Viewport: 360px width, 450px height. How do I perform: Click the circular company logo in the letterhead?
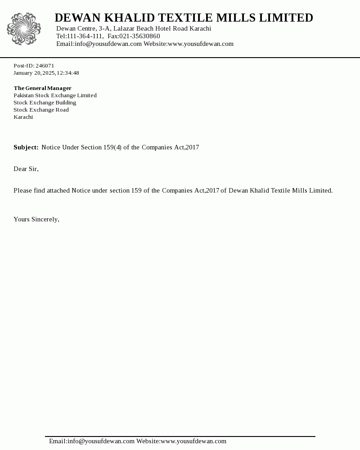click(24, 29)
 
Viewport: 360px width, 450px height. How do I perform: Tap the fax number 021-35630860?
click(139, 36)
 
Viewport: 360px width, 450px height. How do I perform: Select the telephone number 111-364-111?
click(85, 36)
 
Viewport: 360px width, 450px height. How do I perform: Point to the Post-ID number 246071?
click(45, 66)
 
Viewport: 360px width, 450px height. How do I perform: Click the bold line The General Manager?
click(42, 88)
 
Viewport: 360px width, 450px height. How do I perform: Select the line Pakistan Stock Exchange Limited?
click(55, 95)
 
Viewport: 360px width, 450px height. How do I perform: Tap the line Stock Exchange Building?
click(45, 103)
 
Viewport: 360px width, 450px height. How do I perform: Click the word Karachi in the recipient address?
click(23, 117)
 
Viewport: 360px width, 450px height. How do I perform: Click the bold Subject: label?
click(26, 148)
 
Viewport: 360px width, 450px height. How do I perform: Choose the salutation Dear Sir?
click(26, 169)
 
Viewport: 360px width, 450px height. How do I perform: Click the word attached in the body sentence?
click(58, 191)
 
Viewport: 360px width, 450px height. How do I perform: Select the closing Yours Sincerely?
click(36, 220)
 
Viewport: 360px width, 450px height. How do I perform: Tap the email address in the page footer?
click(92, 441)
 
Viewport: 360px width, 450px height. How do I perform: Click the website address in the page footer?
click(193, 441)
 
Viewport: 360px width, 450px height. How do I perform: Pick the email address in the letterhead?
click(99, 44)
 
